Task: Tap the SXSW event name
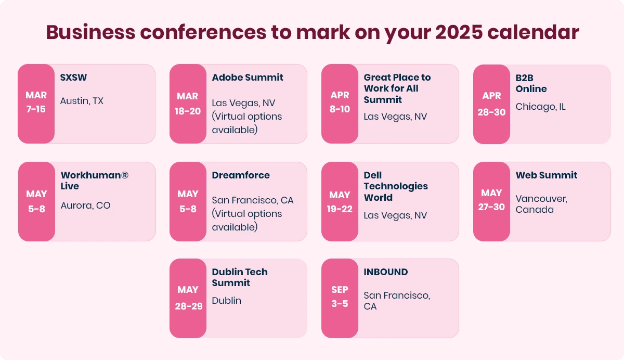73,78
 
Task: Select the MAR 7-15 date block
36,104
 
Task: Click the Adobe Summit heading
248,78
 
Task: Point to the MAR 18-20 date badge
188,104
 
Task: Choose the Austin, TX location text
82,101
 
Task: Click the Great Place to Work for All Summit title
397,88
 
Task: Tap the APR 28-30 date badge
491,104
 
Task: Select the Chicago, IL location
540,107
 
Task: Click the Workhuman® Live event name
94,181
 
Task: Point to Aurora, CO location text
85,205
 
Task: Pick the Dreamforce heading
241,175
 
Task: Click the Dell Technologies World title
396,186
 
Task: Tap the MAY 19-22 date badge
340,201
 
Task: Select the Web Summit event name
547,175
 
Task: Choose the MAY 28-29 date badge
188,298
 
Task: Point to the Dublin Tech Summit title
240,277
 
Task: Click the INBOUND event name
385,272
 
